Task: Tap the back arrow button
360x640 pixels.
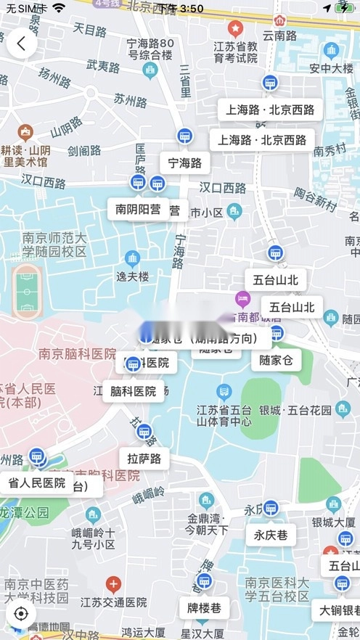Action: (22, 44)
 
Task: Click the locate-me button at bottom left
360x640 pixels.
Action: (21, 613)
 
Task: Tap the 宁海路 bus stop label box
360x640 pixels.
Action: (184, 163)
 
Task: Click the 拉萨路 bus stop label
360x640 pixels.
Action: (144, 459)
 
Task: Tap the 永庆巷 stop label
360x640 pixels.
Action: (271, 536)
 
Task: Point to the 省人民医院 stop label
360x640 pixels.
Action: (37, 483)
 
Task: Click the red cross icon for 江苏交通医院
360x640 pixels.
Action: (112, 584)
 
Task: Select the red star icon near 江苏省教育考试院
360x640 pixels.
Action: (234, 29)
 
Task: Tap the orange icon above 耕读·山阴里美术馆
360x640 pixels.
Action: (26, 133)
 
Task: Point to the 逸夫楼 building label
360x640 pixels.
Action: (132, 276)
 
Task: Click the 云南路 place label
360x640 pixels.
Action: (279, 36)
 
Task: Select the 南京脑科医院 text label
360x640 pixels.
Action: (77, 354)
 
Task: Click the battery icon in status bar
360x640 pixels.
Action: (343, 8)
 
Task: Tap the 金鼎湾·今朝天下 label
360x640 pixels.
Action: (208, 524)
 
